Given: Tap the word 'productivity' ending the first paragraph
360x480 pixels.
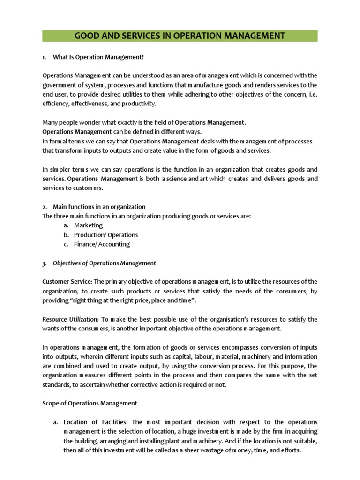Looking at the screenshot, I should [x=139, y=104].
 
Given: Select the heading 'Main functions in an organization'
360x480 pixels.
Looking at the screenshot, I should [x=99, y=207].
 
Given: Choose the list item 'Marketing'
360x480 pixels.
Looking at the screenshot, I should [x=89, y=225].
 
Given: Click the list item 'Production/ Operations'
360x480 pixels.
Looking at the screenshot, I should [x=106, y=235].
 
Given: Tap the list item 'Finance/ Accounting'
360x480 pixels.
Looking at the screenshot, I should [x=102, y=244].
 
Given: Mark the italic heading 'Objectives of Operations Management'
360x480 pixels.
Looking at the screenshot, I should [x=105, y=263].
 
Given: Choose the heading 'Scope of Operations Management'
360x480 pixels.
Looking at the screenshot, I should [x=90, y=403].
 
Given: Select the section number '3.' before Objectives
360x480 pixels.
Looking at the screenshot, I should [x=45, y=263].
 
